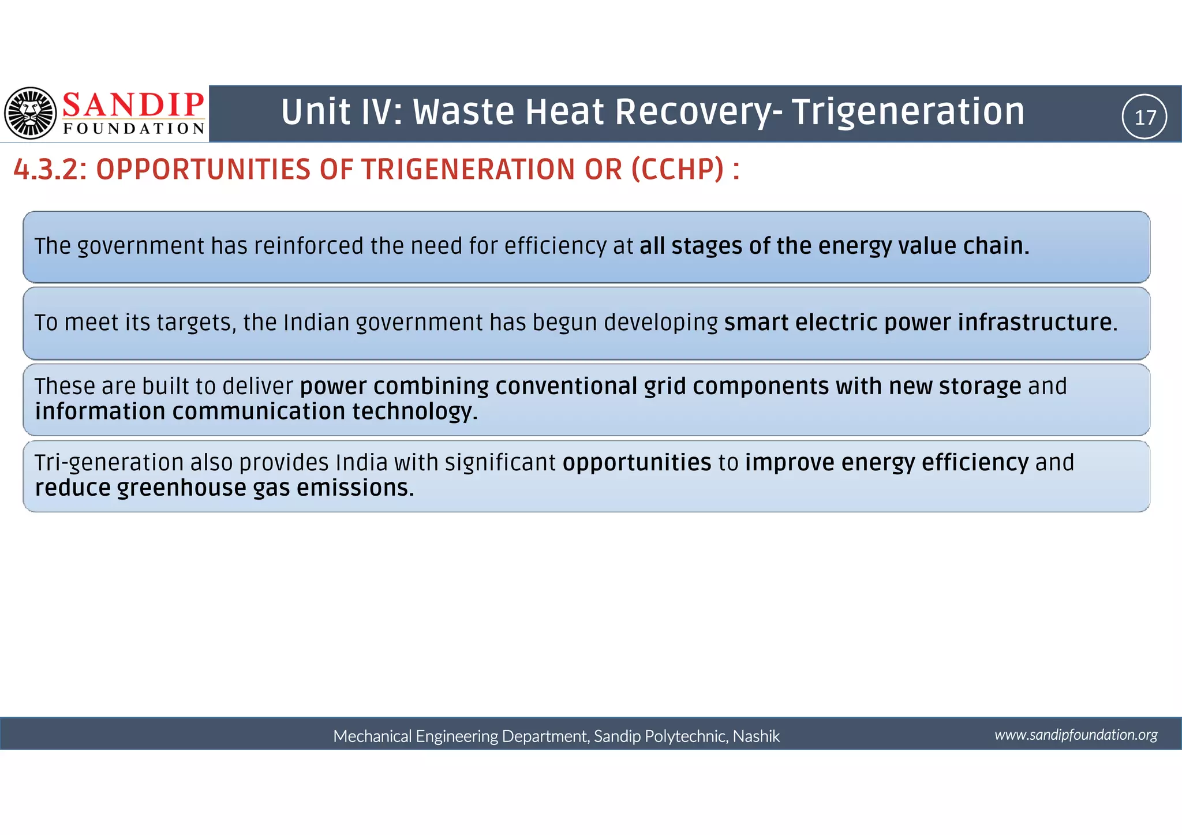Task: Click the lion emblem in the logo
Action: (x=31, y=113)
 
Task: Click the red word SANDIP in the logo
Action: (x=133, y=105)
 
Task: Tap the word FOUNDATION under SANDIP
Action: (x=134, y=129)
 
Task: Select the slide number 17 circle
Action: (x=1144, y=117)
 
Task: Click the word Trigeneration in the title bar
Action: (x=907, y=111)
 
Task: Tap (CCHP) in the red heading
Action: (x=677, y=170)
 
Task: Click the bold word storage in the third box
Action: (x=979, y=386)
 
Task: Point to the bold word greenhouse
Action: (x=182, y=488)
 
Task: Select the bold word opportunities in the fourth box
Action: (x=637, y=463)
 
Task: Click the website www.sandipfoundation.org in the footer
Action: (x=1076, y=735)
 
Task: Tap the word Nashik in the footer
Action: (x=756, y=736)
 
